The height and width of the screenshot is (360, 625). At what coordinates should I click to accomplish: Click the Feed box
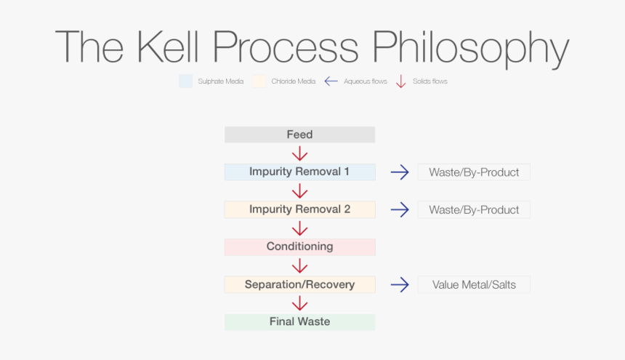pos(299,135)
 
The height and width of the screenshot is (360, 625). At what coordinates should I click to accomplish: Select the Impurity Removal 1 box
pos(299,172)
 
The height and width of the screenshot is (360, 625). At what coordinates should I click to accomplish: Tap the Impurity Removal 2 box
pos(299,209)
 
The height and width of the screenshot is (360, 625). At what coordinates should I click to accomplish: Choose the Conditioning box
pos(299,247)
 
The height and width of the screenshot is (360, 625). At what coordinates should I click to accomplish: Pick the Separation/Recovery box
pos(299,284)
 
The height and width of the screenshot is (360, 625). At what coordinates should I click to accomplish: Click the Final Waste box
pos(299,321)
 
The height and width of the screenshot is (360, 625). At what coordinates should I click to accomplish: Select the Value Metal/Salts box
pos(474,284)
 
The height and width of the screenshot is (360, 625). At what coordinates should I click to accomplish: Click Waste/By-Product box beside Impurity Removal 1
pos(474,172)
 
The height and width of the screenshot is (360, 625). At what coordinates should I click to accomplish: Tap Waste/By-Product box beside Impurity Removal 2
pos(474,209)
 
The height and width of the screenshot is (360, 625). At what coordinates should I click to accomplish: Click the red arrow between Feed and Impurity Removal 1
pos(299,153)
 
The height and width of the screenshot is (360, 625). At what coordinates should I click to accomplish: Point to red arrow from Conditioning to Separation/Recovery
pos(299,265)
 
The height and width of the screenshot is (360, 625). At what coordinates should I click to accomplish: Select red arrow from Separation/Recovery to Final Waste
pos(299,303)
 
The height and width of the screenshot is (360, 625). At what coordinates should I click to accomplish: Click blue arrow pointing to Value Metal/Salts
pos(399,284)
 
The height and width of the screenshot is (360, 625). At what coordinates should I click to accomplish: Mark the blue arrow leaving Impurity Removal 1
pos(399,172)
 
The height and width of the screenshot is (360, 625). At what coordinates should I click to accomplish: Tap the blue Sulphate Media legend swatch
pos(185,81)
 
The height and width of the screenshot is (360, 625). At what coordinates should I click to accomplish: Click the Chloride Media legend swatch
pos(259,81)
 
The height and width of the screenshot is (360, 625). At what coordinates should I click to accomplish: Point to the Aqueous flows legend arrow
pos(331,81)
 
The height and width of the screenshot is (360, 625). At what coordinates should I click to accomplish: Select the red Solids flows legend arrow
pos(400,81)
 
